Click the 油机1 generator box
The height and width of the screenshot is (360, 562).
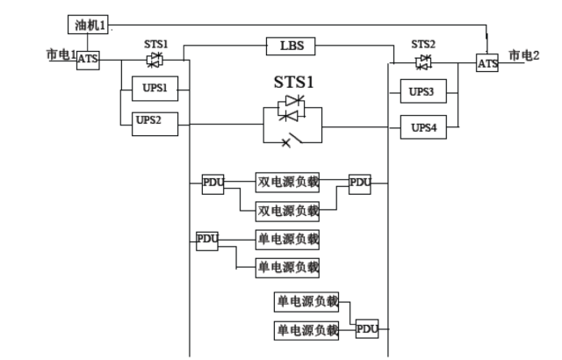click(x=88, y=25)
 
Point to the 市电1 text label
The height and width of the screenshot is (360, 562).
click(x=60, y=54)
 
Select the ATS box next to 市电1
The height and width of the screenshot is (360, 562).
click(x=88, y=60)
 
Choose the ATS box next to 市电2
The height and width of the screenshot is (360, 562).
click(x=487, y=62)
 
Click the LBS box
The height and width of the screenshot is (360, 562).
click(x=291, y=45)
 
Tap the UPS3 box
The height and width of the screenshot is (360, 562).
click(x=424, y=90)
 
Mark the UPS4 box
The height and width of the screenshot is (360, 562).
click(x=424, y=126)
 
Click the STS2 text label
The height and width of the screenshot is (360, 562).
click(x=424, y=43)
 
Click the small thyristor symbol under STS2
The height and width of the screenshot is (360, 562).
click(x=424, y=61)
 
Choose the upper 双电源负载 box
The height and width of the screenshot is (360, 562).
click(x=287, y=183)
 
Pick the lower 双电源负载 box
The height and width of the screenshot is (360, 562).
click(x=287, y=211)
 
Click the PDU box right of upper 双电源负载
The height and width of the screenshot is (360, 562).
click(x=360, y=183)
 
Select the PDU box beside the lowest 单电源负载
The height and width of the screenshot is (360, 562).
click(x=367, y=330)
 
